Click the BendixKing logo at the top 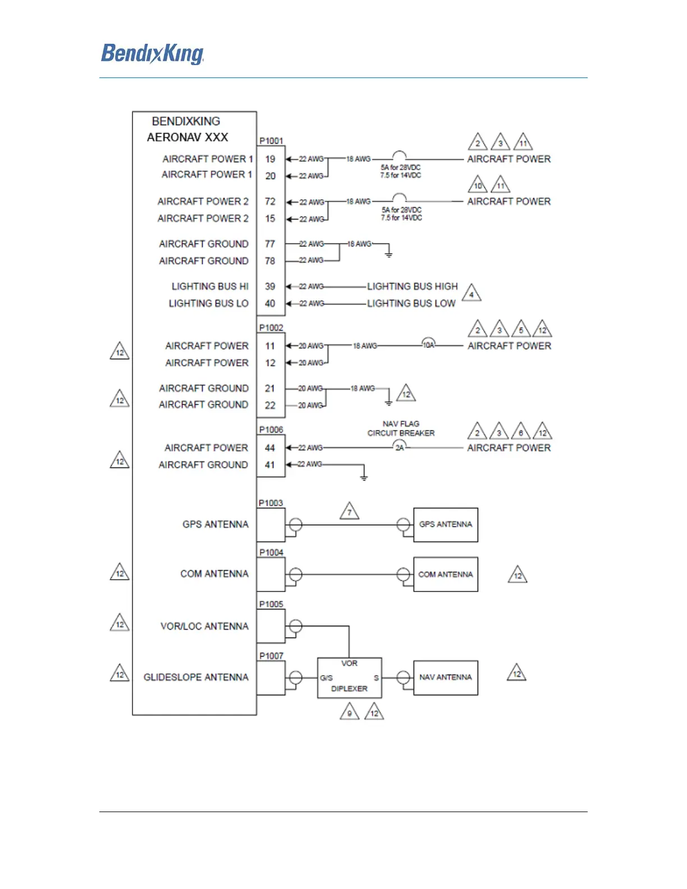click(x=152, y=54)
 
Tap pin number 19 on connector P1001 click(x=271, y=159)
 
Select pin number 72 click(x=271, y=201)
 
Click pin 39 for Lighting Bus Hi click(x=271, y=286)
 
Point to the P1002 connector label click(x=271, y=328)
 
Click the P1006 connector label click(x=271, y=430)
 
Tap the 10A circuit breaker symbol click(x=429, y=345)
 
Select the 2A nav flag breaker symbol click(x=400, y=447)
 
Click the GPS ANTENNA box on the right click(x=446, y=525)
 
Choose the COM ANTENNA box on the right click(x=446, y=574)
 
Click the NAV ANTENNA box click(x=446, y=677)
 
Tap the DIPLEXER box click(x=349, y=678)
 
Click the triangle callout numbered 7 click(x=350, y=511)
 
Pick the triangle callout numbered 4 click(x=471, y=294)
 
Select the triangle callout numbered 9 click(x=350, y=713)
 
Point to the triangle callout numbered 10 click(x=478, y=185)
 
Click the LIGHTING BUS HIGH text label click(x=413, y=286)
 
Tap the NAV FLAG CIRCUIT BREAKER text click(x=401, y=429)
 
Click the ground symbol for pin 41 click(x=364, y=477)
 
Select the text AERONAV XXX click(x=187, y=138)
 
